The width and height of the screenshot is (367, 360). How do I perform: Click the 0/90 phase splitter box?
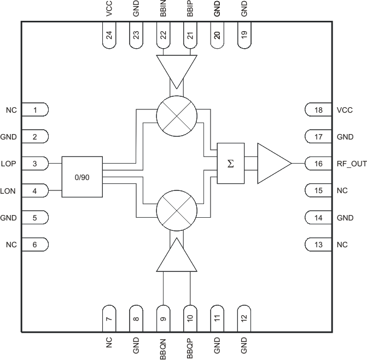coord(82,177)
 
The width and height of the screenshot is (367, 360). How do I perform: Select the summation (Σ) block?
coord(230,164)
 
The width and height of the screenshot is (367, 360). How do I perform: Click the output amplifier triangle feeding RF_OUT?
coord(272,164)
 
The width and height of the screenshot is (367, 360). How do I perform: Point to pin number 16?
coord(319,164)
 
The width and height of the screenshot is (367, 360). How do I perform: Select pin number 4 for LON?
coord(34,191)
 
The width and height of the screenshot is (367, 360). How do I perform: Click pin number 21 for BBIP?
coord(190,35)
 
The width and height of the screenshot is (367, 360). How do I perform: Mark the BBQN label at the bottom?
coord(163,348)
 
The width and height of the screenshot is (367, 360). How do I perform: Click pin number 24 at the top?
coord(109,35)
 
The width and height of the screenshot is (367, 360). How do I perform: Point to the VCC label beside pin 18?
coord(345,110)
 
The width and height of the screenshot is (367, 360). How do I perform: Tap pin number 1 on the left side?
coord(34,110)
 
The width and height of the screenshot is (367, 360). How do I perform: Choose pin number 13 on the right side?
coord(319,245)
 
